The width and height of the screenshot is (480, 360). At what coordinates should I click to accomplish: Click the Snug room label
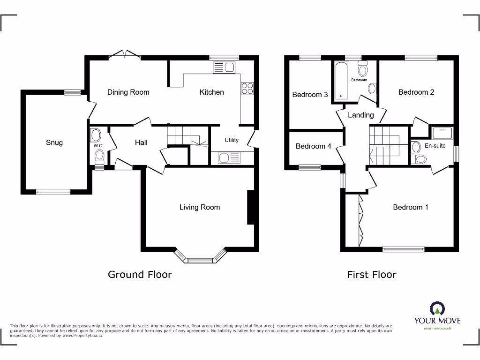[54, 142]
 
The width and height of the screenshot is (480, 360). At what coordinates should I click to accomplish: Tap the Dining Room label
[128, 92]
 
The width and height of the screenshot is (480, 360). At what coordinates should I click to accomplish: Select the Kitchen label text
[211, 92]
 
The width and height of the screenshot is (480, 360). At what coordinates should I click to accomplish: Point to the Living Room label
[199, 207]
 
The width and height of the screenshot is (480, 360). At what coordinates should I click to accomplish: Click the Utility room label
[231, 140]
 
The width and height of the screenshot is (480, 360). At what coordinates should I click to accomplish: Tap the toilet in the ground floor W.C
[98, 155]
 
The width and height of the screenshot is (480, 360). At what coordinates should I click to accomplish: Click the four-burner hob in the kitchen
[247, 89]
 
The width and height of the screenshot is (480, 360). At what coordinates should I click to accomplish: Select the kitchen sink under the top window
[224, 67]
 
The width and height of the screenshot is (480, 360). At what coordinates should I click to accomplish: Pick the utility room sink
[229, 157]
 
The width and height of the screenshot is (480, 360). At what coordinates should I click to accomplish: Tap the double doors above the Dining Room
[125, 55]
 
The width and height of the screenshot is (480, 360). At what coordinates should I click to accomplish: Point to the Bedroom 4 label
[313, 146]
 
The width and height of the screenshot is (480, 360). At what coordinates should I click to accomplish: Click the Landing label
[360, 115]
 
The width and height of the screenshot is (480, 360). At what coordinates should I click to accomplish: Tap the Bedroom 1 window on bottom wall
[404, 249]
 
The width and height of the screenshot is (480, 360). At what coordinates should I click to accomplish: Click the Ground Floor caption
[140, 275]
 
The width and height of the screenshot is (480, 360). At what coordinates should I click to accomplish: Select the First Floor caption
[372, 275]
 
